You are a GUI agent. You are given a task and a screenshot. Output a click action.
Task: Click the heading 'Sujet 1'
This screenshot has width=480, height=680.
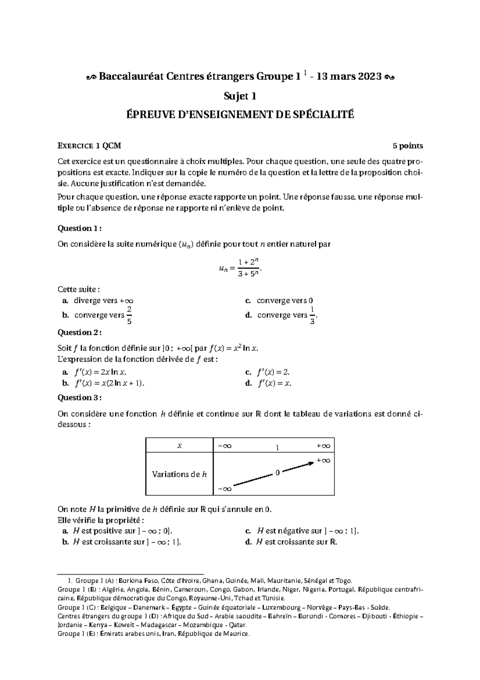click(240, 96)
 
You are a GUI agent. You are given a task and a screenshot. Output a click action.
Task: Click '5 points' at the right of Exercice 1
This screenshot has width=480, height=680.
click(408, 146)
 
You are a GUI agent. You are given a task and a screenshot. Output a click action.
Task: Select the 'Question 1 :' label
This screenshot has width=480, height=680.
click(80, 228)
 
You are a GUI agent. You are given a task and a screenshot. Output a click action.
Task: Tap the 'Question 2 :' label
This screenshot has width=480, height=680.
click(80, 332)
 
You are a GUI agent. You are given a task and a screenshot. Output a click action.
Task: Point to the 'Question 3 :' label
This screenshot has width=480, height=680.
click(80, 398)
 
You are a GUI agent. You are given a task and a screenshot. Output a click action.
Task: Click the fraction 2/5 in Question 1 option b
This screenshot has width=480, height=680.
click(129, 315)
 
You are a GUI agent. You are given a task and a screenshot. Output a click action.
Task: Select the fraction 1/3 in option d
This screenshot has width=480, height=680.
click(312, 315)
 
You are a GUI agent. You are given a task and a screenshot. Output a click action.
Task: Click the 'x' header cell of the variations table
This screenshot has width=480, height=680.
click(180, 445)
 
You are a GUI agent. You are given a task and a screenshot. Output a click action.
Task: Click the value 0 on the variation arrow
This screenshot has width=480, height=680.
click(277, 473)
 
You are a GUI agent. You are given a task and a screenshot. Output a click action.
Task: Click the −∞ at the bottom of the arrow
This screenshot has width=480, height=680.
click(225, 489)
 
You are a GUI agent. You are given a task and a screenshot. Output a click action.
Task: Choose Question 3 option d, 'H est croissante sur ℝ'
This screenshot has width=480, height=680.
click(296, 542)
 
